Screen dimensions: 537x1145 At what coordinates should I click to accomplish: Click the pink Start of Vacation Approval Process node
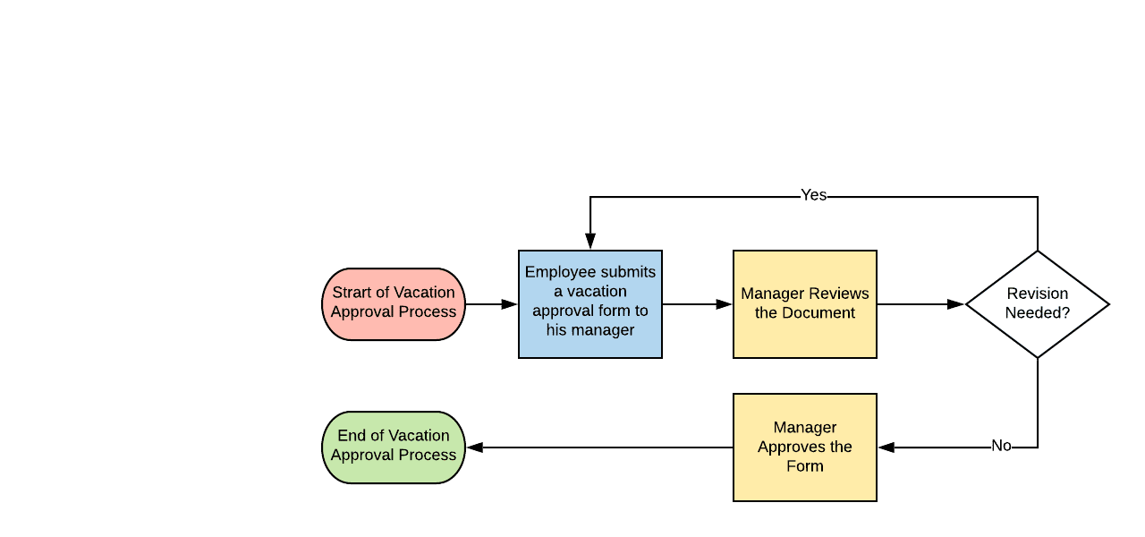[x=394, y=304]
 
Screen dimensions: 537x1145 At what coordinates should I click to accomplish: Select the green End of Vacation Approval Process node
[x=394, y=447]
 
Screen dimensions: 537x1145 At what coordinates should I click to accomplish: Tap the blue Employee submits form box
[x=590, y=304]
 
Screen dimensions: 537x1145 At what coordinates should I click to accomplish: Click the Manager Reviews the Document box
[x=805, y=304]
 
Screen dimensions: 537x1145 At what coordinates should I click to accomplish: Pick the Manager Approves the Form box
[x=805, y=447]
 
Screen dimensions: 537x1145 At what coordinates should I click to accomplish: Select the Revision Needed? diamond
[x=1038, y=304]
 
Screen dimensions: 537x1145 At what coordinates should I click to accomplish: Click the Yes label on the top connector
[x=813, y=195]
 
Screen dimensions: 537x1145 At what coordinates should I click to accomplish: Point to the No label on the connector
[x=1001, y=446]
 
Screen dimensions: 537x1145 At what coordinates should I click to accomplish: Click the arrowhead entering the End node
[x=474, y=447]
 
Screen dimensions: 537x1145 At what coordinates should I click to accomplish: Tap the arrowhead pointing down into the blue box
[x=590, y=242]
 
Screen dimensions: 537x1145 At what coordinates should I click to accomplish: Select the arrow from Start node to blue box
[x=492, y=304]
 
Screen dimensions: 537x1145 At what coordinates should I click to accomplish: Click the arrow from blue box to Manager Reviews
[x=698, y=304]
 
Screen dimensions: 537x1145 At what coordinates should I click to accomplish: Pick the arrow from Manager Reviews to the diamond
[x=921, y=304]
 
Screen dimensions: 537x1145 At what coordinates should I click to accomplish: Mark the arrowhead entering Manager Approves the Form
[x=886, y=447]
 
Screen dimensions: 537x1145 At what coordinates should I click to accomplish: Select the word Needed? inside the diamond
[x=1038, y=313]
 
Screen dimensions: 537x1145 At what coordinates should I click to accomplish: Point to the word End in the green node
[x=352, y=436]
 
